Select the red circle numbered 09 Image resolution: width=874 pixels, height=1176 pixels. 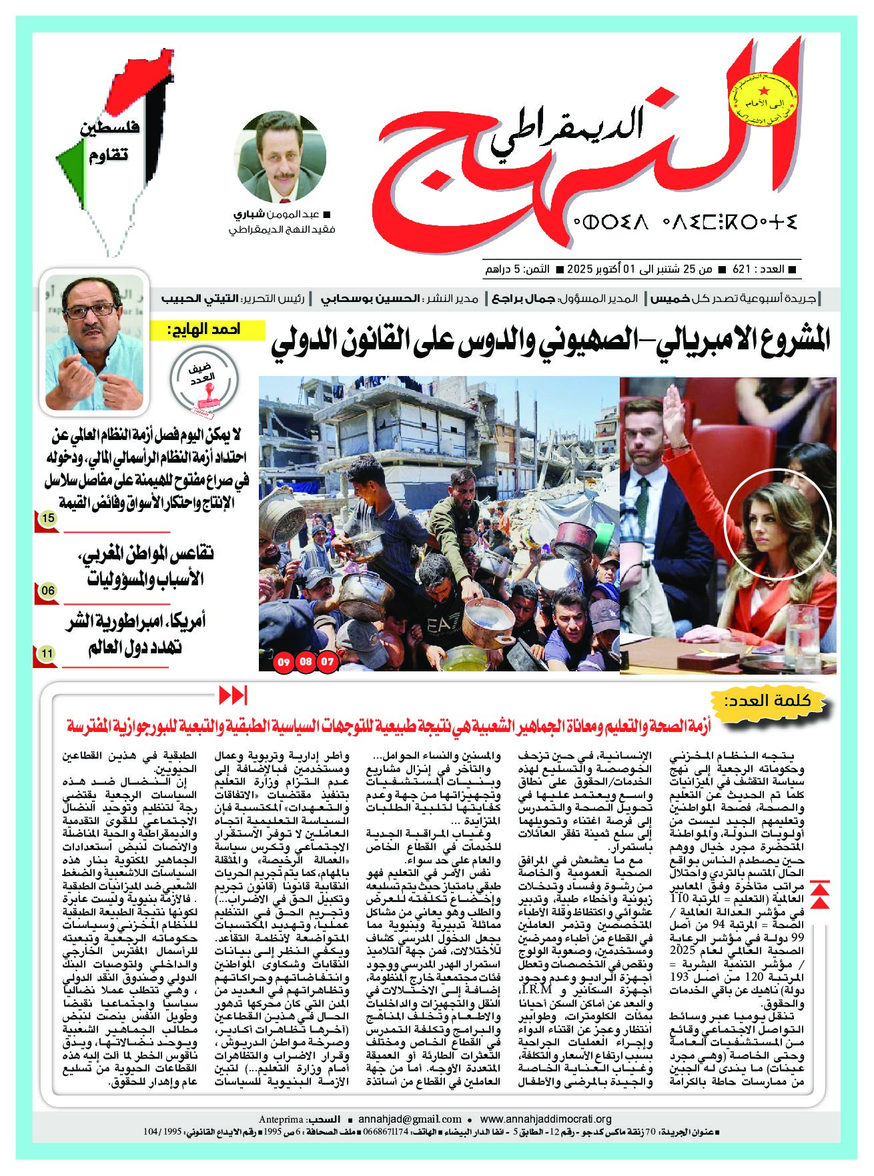click(x=284, y=662)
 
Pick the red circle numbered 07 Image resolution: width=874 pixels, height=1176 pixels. click(x=328, y=662)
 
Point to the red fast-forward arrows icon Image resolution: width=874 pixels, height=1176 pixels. click(x=234, y=695)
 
